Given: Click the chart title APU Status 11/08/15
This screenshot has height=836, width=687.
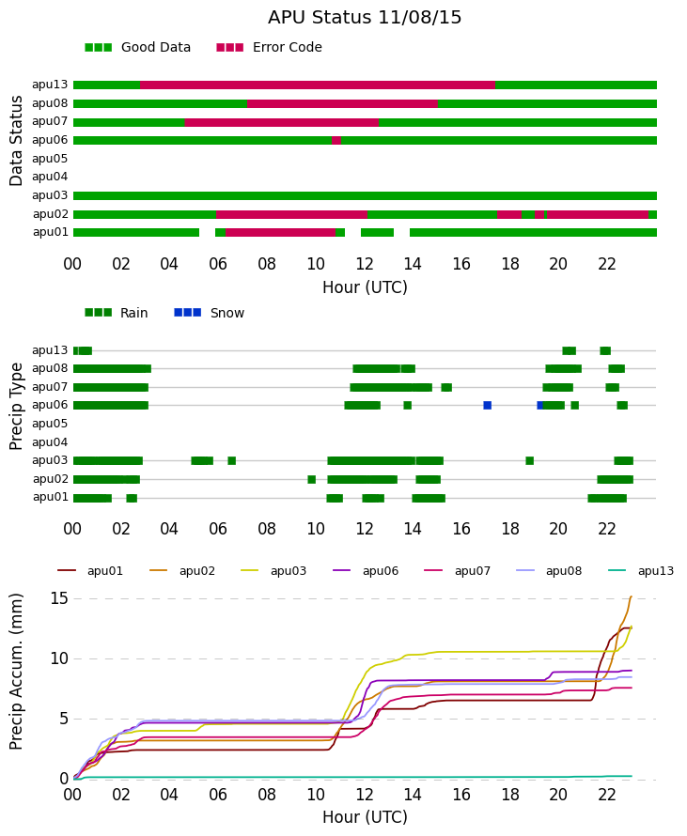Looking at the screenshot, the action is [x=365, y=17].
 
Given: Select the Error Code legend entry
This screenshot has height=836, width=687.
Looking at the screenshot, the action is [x=270, y=48].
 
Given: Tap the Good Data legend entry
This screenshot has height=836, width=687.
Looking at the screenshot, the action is [x=137, y=48].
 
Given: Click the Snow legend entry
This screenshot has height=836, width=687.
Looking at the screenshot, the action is [x=209, y=313].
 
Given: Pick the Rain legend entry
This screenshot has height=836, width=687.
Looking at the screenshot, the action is [x=117, y=313].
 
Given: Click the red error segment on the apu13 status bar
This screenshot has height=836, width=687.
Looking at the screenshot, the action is [x=318, y=85].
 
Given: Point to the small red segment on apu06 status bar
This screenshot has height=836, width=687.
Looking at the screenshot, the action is [x=336, y=140].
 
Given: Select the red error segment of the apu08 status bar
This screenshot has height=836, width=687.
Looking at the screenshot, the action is [x=342, y=103].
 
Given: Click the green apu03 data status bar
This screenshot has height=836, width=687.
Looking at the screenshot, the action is [x=365, y=195].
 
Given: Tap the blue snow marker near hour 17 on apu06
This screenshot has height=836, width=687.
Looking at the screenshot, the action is [x=488, y=405].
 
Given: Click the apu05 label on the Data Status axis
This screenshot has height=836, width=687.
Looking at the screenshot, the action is [x=50, y=159].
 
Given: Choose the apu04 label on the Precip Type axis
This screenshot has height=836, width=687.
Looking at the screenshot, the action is [x=50, y=442].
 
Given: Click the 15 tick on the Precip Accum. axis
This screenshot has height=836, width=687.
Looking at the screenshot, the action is [x=60, y=598].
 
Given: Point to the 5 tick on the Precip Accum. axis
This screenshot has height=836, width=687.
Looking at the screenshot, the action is [x=65, y=719].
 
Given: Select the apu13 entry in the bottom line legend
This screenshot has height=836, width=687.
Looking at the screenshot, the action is [x=641, y=571].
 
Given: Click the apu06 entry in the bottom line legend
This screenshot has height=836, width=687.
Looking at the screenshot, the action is [x=366, y=571].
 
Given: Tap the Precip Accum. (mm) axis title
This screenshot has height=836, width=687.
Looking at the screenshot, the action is [x=16, y=672].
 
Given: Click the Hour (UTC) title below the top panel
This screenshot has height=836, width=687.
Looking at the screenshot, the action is [x=365, y=287].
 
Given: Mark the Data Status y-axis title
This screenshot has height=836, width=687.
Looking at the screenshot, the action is [x=16, y=141].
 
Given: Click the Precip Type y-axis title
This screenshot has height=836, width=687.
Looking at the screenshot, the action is [x=16, y=407].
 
